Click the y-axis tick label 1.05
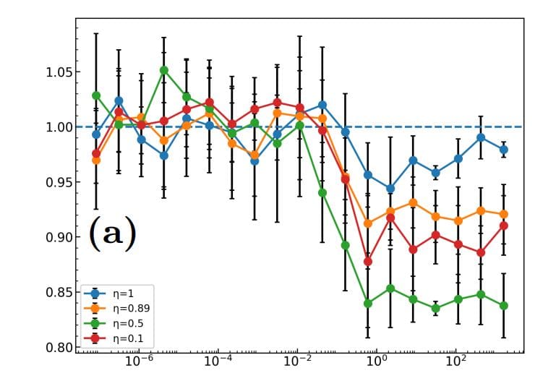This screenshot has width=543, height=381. (54, 72)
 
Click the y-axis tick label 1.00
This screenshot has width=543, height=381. (54, 127)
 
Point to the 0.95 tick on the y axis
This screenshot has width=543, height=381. (54, 182)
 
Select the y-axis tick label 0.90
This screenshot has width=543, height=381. (54, 237)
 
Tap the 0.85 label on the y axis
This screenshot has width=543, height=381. (54, 292)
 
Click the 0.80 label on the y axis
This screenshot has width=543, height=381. (54, 347)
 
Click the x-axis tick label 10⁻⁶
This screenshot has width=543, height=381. (140, 361)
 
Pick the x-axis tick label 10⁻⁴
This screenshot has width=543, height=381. (218, 361)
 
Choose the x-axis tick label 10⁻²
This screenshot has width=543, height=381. (297, 361)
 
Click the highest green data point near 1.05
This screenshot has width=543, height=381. (164, 70)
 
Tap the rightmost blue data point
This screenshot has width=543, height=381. (504, 150)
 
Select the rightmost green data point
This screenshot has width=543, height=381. (504, 306)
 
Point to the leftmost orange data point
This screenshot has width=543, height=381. (96, 160)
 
